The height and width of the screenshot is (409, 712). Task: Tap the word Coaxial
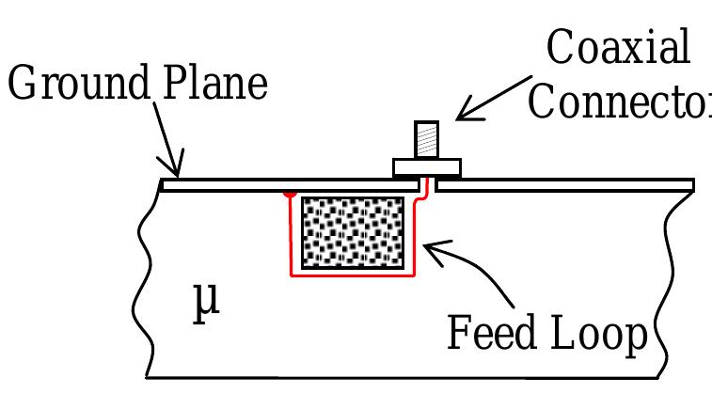coord(618,49)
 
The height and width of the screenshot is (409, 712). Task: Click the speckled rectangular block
coord(352,232)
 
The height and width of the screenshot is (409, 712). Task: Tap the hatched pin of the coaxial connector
coord(426,140)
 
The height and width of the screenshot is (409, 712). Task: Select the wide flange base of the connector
coord(427,167)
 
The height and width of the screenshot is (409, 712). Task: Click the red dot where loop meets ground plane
coord(291,193)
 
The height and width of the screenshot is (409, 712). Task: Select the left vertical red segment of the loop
coord(291,235)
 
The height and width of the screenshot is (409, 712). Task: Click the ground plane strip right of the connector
coord(564,184)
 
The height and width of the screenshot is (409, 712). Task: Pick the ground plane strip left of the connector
coord(282,184)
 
